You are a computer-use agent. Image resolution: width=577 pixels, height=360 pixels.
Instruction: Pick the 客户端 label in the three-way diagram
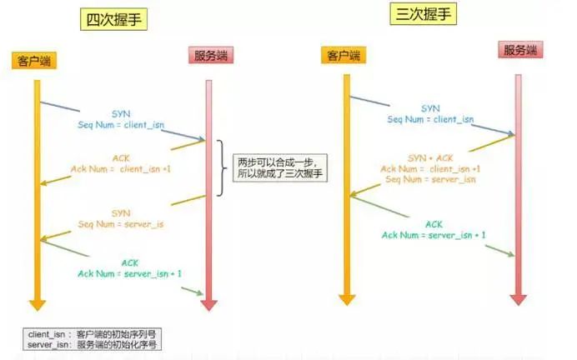343,56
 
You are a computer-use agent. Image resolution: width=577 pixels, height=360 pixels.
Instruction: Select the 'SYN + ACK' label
429,157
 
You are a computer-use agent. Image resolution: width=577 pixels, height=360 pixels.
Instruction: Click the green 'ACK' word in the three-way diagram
434,224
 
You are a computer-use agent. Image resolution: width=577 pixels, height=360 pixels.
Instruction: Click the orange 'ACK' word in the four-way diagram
120,157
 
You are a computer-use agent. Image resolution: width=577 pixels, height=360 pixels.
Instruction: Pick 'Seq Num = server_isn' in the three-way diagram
430,180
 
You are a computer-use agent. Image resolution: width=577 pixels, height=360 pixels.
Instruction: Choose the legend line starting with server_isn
91,344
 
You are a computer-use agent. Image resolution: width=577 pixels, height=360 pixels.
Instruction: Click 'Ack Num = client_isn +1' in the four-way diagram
121,169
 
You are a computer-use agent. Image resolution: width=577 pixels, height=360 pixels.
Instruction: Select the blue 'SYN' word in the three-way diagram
430,108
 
